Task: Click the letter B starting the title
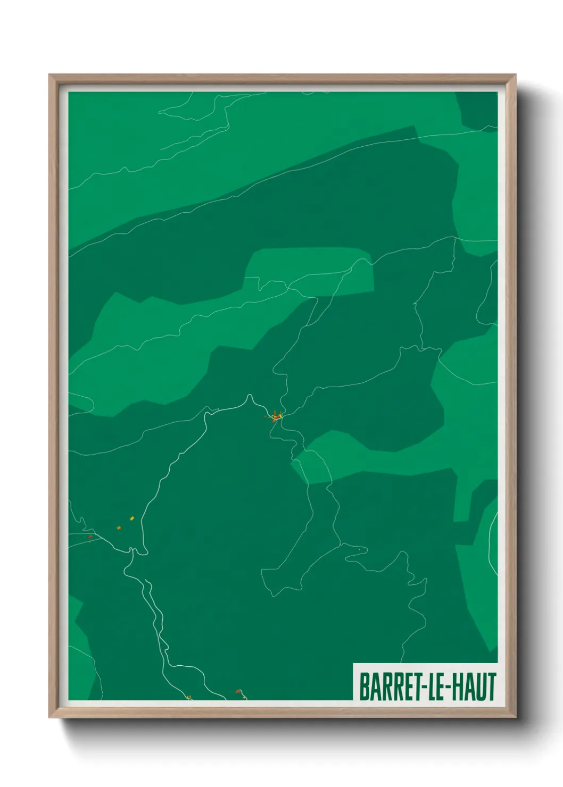point(365,686)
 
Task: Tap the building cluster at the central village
point(275,416)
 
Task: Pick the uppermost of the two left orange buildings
point(132,518)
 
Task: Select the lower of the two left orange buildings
point(119,528)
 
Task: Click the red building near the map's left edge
point(90,537)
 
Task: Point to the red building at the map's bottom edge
point(238,691)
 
